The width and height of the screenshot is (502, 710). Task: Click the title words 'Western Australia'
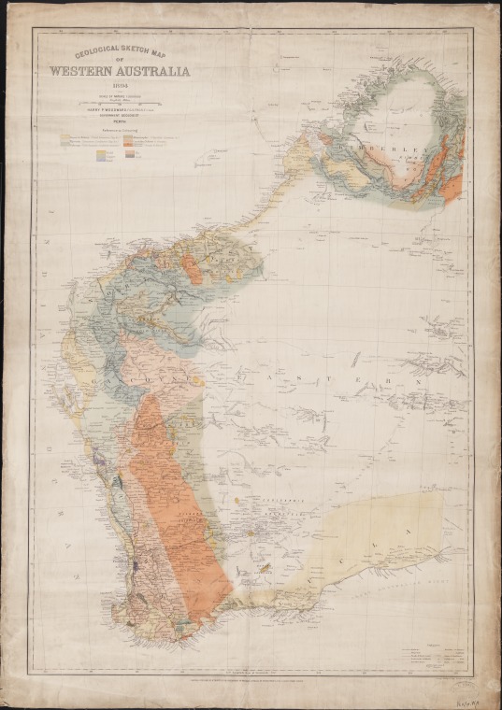[x=121, y=69]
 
